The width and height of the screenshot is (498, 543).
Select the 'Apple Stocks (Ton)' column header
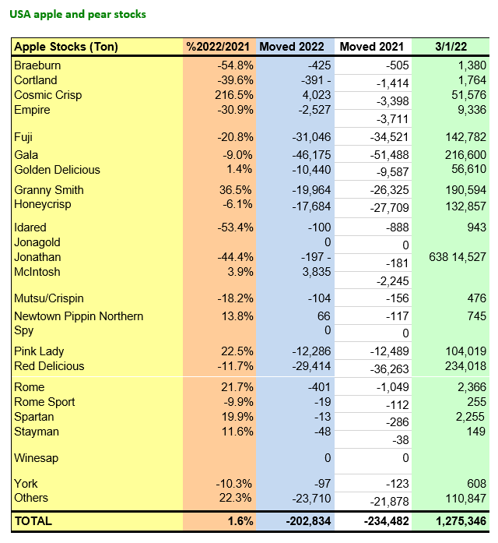(66, 47)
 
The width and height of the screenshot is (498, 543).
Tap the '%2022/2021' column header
(219, 47)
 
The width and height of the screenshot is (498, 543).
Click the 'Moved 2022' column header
(295, 47)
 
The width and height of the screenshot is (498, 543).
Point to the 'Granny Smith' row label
(49, 190)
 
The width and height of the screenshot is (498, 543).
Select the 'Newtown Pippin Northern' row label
(79, 316)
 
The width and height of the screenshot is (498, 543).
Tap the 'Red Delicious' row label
(49, 366)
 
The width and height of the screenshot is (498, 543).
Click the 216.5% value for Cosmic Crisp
(234, 95)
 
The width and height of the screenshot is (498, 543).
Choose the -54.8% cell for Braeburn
(234, 65)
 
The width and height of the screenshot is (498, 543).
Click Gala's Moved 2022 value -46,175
(310, 155)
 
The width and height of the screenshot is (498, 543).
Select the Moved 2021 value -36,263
(385, 371)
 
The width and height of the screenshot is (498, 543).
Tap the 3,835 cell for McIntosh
(315, 272)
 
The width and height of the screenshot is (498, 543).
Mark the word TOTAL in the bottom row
(33, 521)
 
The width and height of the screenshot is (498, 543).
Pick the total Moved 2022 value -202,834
(303, 521)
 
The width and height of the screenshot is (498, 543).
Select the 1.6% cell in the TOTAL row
(240, 521)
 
